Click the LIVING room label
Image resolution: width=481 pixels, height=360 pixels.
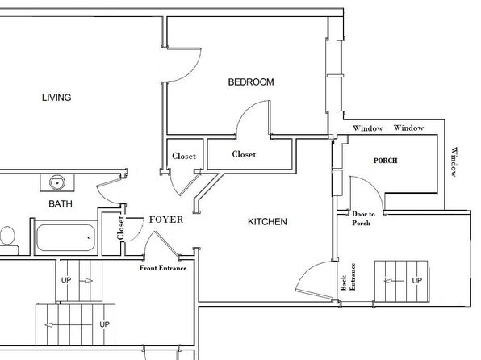click(56, 98)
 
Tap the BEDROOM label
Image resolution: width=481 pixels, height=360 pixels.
click(251, 82)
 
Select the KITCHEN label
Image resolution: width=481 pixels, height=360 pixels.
click(267, 222)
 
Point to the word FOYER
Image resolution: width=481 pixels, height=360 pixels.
click(166, 220)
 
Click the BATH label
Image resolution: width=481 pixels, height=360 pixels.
click(61, 203)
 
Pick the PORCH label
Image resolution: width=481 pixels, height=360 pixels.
click(385, 161)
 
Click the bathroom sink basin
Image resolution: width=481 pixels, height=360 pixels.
click(57, 182)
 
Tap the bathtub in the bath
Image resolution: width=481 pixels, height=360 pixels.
click(65, 237)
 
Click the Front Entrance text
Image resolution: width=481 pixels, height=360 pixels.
click(163, 268)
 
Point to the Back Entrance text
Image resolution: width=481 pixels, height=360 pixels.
click(348, 277)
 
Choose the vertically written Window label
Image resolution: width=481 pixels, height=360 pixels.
click(454, 161)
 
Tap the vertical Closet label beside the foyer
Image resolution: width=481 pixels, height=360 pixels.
click(120, 228)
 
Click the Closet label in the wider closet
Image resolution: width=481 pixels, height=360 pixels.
click(244, 154)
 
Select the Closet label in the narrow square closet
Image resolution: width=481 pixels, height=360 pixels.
click(184, 156)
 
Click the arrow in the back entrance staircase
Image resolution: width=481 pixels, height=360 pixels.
click(394, 281)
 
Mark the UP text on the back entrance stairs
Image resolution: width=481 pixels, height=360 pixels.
click(417, 280)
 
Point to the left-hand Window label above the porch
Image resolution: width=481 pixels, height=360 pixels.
click(367, 128)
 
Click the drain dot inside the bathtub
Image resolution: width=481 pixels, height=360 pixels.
click(90, 237)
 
